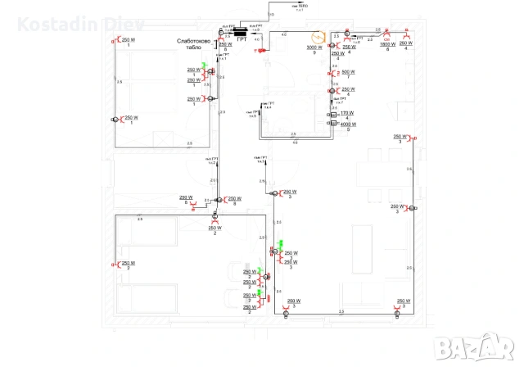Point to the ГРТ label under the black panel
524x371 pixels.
pyautogui.click(x=242, y=38)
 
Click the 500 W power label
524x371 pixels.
pyautogui.click(x=347, y=72)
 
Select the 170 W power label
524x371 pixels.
pyautogui.click(x=346, y=113)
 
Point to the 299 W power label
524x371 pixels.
pyautogui.click(x=186, y=197)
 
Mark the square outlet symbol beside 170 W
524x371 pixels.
pyautogui.click(x=333, y=115)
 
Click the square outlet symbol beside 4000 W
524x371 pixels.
pyautogui.click(x=333, y=124)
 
